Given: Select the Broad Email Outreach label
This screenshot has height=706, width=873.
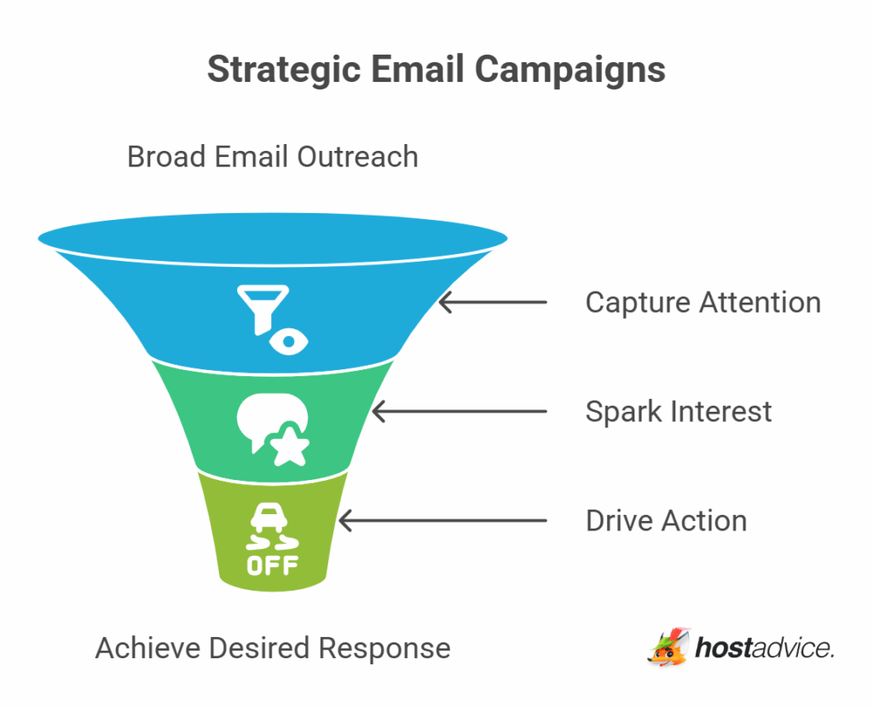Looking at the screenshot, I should click(273, 157).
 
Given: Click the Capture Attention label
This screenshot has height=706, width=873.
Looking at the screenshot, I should click(702, 303).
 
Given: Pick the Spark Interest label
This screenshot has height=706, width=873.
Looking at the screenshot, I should click(678, 412).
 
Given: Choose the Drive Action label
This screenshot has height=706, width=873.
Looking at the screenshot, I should click(666, 521).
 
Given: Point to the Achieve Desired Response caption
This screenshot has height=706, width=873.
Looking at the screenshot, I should click(273, 648).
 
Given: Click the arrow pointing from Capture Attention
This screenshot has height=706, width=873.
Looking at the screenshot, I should click(492, 303).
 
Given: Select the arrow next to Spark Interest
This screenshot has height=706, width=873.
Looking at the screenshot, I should click(459, 412).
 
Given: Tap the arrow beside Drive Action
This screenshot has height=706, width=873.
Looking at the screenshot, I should click(442, 521).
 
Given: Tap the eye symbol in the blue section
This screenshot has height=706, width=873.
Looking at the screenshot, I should click(289, 342).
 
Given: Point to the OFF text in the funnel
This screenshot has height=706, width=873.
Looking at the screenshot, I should click(272, 566).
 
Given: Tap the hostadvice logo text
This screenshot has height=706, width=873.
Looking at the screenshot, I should click(763, 649).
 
